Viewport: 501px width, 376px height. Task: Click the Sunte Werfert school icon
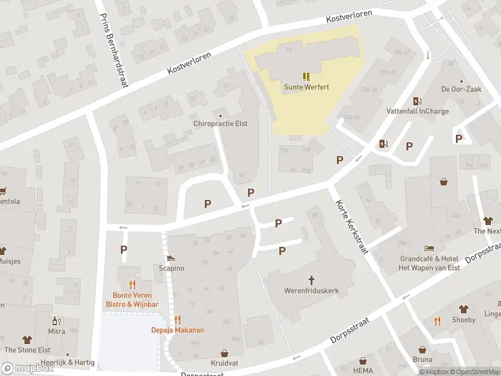click(306, 76)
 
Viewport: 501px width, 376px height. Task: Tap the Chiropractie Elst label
click(220, 123)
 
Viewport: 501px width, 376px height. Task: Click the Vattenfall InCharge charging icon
click(417, 102)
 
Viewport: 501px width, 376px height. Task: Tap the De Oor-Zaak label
click(461, 90)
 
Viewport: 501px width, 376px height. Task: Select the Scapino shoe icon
click(171, 257)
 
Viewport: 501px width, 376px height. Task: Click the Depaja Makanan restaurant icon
click(178, 319)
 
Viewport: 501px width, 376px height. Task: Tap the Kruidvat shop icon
click(224, 354)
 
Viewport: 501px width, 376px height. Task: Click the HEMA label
click(363, 362)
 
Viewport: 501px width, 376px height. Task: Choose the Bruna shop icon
click(423, 349)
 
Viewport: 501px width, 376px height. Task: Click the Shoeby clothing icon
click(463, 309)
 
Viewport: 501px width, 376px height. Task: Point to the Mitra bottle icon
click(56, 320)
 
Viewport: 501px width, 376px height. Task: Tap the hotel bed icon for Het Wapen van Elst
click(430, 248)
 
